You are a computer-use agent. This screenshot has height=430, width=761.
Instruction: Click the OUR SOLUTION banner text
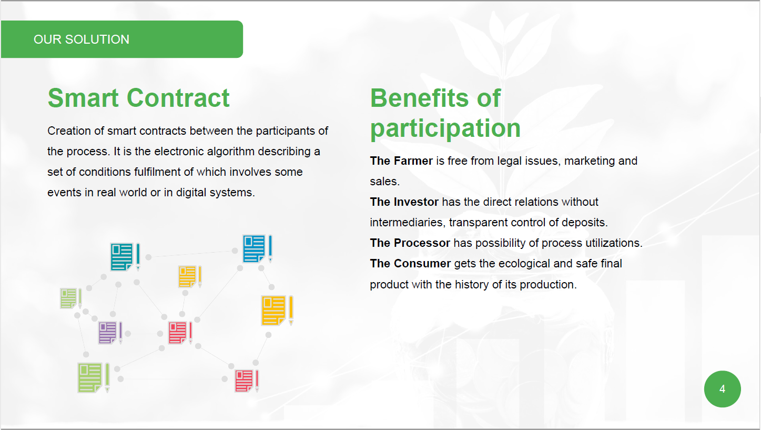[x=82, y=39]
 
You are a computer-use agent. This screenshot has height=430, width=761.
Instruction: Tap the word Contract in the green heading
[x=178, y=98]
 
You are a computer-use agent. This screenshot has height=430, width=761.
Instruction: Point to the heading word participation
[x=445, y=129]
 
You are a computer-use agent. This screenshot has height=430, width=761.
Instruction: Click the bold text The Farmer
[x=401, y=161]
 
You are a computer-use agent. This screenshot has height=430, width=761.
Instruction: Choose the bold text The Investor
[x=404, y=202]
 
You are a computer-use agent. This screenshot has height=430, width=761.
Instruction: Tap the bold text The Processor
[x=410, y=243]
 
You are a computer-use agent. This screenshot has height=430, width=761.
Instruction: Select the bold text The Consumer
[x=410, y=264]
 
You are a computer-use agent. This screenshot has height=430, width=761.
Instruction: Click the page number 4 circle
[x=722, y=389]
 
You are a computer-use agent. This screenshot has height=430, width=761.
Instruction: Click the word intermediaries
[x=407, y=223]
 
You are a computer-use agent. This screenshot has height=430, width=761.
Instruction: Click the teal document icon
[x=125, y=257]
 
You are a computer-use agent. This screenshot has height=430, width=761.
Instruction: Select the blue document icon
[x=257, y=248]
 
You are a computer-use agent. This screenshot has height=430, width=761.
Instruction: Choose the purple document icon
[x=110, y=333]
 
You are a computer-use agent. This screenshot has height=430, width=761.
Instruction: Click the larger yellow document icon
[x=277, y=311]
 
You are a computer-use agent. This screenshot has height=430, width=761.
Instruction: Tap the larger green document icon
[x=94, y=378]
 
